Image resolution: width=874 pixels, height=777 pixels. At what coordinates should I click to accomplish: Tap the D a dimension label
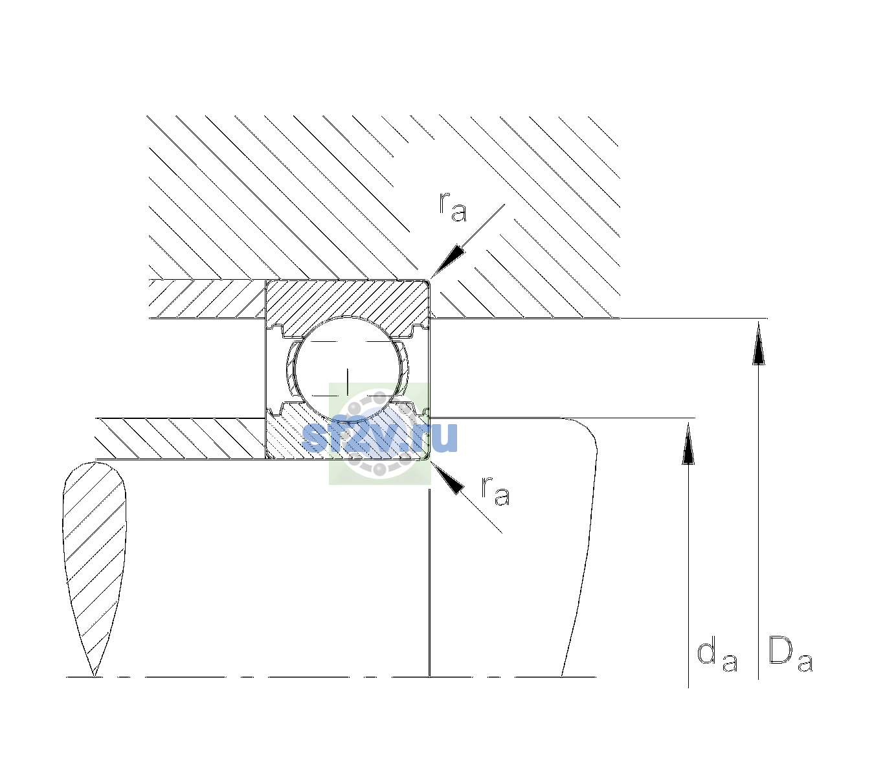coord(790,653)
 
